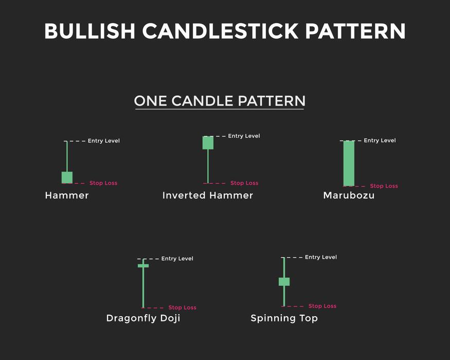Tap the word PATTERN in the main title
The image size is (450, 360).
(x=355, y=31)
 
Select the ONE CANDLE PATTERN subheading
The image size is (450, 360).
(x=220, y=101)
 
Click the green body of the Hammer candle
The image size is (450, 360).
(x=67, y=177)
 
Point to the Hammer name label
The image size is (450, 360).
(x=67, y=195)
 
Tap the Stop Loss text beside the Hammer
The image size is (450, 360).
(x=103, y=183)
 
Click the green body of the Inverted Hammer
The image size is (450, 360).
(x=208, y=142)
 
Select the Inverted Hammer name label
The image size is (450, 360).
(x=208, y=195)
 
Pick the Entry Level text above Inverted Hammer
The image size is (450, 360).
(x=244, y=136)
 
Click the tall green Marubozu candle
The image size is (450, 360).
(x=349, y=163)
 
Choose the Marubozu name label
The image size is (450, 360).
(x=349, y=195)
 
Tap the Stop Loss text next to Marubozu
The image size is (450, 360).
(x=384, y=186)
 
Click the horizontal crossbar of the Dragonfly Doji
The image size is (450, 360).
(x=143, y=265)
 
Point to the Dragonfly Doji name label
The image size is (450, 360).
(x=143, y=318)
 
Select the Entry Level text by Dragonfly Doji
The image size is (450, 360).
(x=177, y=259)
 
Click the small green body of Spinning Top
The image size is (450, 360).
(x=284, y=281)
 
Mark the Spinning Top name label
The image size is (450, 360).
(x=284, y=318)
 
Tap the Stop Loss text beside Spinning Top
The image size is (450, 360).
(x=322, y=306)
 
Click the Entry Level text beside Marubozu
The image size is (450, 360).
(x=380, y=140)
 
